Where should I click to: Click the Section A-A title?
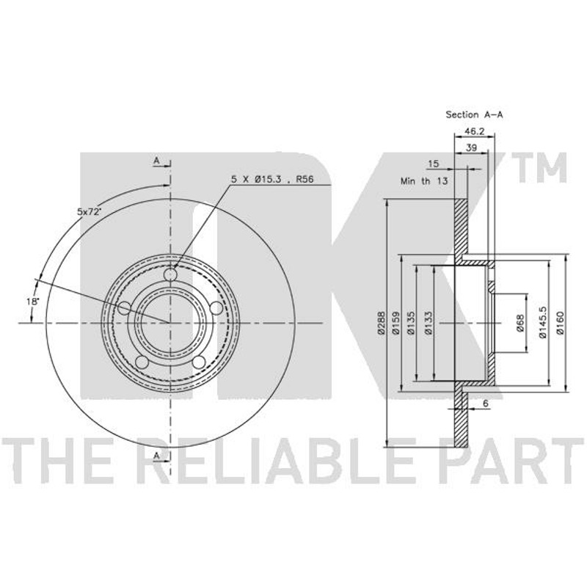point(474,115)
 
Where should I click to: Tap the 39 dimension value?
point(471,147)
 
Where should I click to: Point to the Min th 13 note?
point(424,181)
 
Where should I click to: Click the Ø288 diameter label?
point(381,322)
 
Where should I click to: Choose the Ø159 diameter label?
point(396,322)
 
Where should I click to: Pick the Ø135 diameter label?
point(411,322)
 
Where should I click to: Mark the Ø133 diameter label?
point(428,322)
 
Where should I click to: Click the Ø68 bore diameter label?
point(520,323)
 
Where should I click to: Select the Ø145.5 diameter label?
point(543,323)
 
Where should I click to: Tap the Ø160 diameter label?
point(560,323)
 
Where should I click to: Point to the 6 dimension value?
point(486,404)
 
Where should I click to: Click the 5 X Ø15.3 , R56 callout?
point(272,179)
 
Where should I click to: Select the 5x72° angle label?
point(90,211)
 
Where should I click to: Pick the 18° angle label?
point(33,301)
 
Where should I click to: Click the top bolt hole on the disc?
point(170,275)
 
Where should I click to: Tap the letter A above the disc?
point(156,161)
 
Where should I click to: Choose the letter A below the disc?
point(156,456)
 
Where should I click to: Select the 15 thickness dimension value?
point(433,164)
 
